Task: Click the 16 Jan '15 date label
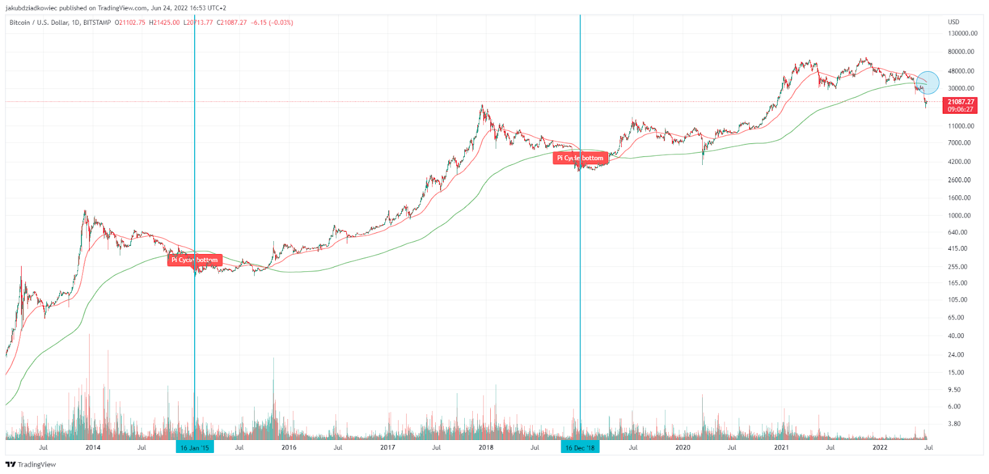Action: point(195,447)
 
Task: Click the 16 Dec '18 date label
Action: point(580,447)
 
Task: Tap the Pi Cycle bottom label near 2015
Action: point(195,260)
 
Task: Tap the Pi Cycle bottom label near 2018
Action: point(580,158)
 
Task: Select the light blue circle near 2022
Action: point(927,83)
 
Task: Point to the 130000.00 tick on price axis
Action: point(962,33)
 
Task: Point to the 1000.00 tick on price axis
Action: point(959,216)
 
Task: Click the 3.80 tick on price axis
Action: point(954,424)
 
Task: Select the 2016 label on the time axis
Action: point(289,447)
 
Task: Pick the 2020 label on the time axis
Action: point(682,447)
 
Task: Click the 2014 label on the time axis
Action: point(93,447)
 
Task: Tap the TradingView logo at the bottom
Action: point(31,465)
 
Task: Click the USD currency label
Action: point(954,22)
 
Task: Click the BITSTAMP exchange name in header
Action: point(97,23)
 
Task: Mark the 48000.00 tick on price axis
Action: point(961,71)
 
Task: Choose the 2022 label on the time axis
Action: point(880,447)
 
